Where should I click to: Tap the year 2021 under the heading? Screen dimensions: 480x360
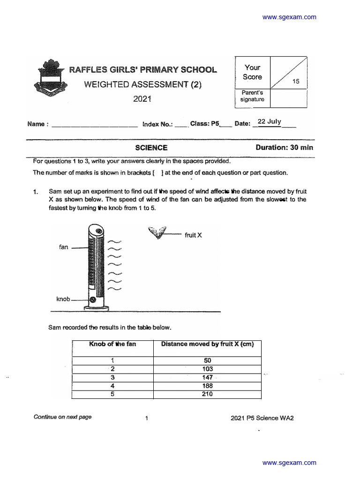142,99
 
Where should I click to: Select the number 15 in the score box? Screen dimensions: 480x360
296,81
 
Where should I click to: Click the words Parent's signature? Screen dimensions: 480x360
252,96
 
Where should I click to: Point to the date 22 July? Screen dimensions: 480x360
270,122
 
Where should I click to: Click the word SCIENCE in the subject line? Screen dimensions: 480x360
151,148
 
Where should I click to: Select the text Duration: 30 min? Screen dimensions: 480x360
284,148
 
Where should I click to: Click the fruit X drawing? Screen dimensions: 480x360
157,232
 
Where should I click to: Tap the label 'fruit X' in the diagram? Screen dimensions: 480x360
193,235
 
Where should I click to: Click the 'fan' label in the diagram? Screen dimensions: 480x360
64,247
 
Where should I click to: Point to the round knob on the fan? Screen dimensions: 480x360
93,299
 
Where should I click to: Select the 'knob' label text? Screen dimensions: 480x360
63,299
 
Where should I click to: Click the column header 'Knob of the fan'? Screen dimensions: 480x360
112,344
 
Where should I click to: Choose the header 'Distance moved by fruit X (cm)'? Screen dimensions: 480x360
208,344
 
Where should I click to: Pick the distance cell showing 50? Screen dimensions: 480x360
208,360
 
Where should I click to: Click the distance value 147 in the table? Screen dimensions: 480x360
208,377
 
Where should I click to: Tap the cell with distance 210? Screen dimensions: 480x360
208,394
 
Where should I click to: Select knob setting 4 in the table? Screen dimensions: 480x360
112,386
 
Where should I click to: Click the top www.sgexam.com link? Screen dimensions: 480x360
289,17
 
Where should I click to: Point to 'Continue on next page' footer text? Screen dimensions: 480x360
63,417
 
